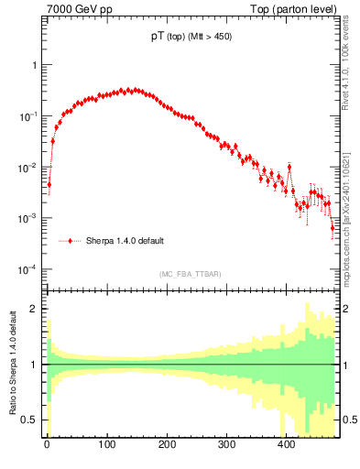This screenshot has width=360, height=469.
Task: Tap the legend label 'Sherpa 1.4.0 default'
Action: point(125,241)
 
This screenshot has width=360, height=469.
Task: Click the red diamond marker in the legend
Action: point(70,241)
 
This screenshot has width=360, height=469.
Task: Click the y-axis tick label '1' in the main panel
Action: point(34,66)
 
